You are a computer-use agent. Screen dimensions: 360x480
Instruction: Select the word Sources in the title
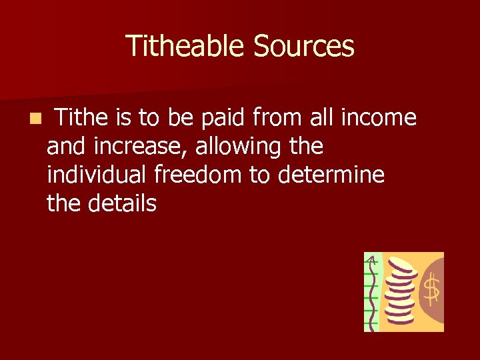pos(303,46)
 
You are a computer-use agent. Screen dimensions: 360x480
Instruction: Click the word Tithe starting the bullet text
pos(81,118)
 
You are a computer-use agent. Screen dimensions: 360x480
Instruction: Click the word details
pos(121,203)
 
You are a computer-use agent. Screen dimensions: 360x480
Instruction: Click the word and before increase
pos(67,147)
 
